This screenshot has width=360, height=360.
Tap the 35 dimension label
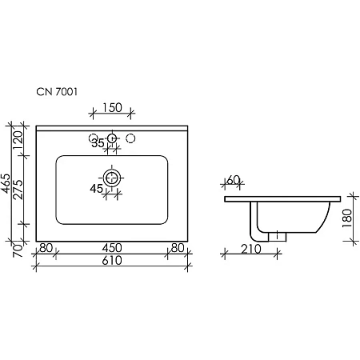97,144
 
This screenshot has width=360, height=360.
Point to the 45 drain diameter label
97,189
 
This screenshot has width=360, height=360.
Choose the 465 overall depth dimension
6,185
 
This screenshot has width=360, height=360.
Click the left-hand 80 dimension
46,247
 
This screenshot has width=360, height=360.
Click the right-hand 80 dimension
177,247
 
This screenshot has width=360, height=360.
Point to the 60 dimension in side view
234,180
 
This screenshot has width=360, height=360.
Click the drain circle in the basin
112,178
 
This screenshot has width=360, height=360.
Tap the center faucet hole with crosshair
112,138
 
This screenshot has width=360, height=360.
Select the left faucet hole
94,138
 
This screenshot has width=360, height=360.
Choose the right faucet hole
131,138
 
